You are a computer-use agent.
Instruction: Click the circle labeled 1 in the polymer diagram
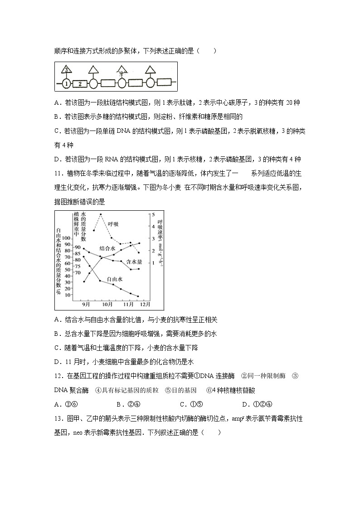point(66,84)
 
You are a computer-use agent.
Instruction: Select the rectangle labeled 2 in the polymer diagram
point(80,84)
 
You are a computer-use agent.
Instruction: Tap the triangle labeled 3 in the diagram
point(66,70)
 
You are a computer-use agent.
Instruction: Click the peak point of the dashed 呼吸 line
point(100,214)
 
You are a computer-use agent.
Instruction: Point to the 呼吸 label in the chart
point(113,224)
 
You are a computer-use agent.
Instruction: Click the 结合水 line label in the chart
point(107,249)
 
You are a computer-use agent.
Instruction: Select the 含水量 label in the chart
point(134,262)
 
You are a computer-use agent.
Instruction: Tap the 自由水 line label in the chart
point(114,279)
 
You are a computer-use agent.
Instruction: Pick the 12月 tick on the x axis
point(145,304)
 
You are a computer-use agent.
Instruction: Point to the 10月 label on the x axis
point(107,304)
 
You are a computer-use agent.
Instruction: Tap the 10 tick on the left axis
point(68,295)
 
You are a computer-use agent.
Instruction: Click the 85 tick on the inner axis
point(77,253)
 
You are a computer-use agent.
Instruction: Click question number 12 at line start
point(58,376)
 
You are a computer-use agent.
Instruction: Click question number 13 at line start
point(58,419)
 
